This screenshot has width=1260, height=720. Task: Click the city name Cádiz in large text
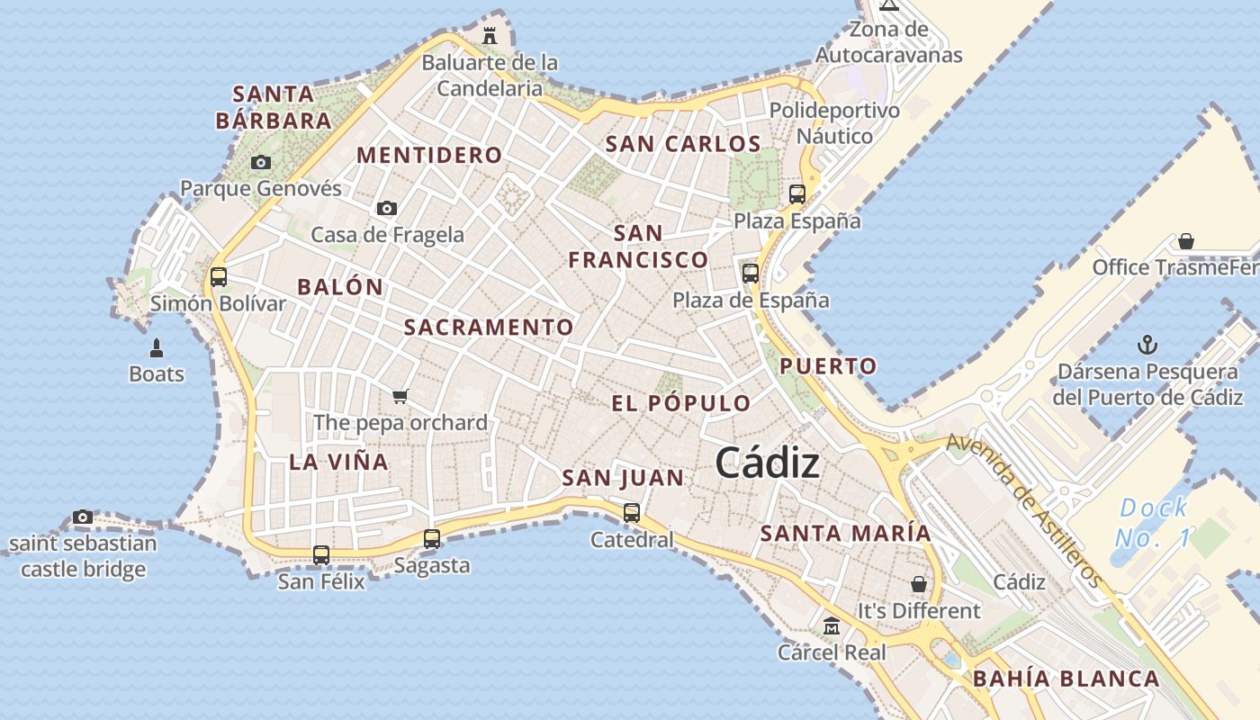coord(768,463)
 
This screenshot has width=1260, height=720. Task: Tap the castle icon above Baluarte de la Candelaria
coord(490,36)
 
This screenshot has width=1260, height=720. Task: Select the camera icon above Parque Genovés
coord(261,163)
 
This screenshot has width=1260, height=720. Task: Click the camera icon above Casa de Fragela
coord(387,209)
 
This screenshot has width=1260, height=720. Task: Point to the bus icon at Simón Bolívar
coord(219,277)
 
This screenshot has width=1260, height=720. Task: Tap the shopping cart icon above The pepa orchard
coord(400,396)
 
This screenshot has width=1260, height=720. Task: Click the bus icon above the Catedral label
coord(632,513)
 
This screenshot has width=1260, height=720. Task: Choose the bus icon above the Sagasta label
coord(432,539)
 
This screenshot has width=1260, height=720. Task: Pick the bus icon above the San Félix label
coord(321,555)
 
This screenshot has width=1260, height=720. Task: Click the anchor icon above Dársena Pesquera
coord(1147,345)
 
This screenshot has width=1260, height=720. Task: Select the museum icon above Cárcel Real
coord(832,625)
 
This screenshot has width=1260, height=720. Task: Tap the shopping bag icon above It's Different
coord(918,584)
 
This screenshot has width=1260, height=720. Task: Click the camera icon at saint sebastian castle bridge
coord(83,517)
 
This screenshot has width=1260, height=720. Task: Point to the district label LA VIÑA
coord(339,463)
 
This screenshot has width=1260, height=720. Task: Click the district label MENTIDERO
coord(429,156)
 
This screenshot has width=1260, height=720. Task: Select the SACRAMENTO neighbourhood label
coord(489,328)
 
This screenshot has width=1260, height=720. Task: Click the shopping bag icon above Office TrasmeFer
coord(1186,241)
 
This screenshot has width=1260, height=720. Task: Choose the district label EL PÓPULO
coord(681,403)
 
